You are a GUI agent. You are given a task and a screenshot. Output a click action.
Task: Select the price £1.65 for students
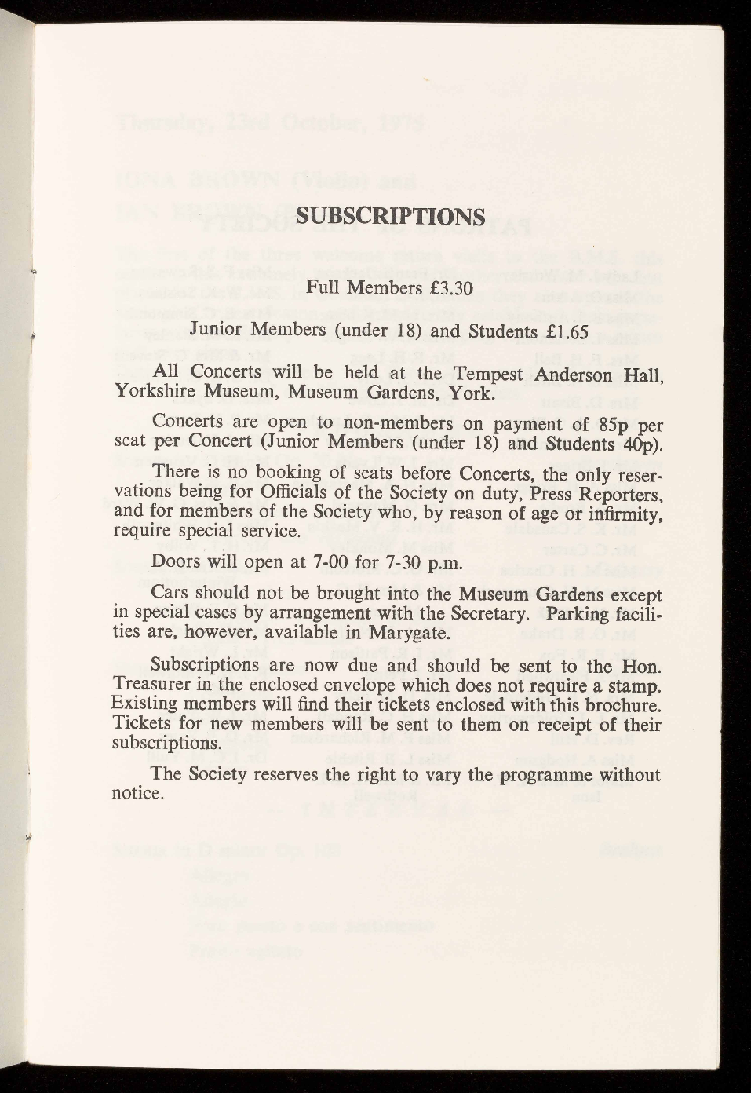(x=562, y=331)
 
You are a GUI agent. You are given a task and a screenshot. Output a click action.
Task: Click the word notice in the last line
(x=138, y=794)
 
